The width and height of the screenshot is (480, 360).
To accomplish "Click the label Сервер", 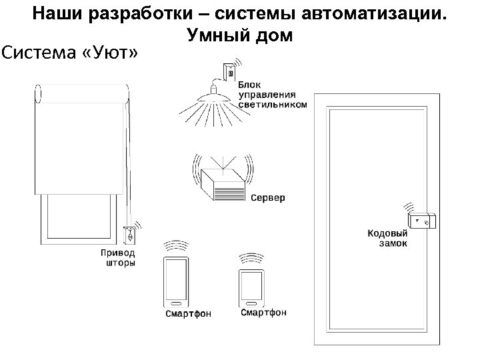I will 268,198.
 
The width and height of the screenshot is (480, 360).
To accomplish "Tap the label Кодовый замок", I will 388,238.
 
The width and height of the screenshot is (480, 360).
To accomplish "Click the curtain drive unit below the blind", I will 131,234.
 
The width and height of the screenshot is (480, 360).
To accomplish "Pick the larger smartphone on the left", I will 175,281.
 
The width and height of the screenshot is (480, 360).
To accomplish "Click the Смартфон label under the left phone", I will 189,314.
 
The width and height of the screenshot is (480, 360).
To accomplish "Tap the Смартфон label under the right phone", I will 263,312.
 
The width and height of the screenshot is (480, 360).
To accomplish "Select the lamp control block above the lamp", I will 229,71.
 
